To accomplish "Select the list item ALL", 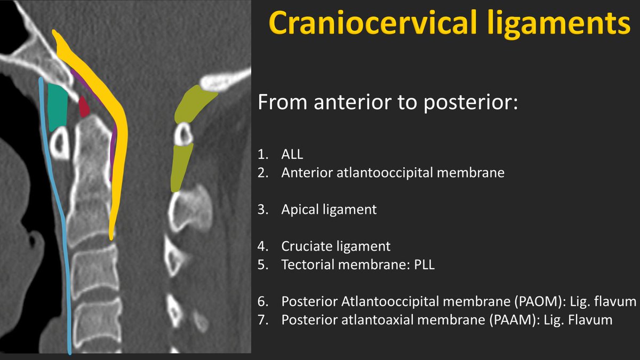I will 292,155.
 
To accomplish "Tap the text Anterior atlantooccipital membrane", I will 393,173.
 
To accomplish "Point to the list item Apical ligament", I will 329,210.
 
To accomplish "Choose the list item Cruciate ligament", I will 336,246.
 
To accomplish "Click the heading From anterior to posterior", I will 388,103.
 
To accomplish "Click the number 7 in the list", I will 262,320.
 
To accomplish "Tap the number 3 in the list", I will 262,210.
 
